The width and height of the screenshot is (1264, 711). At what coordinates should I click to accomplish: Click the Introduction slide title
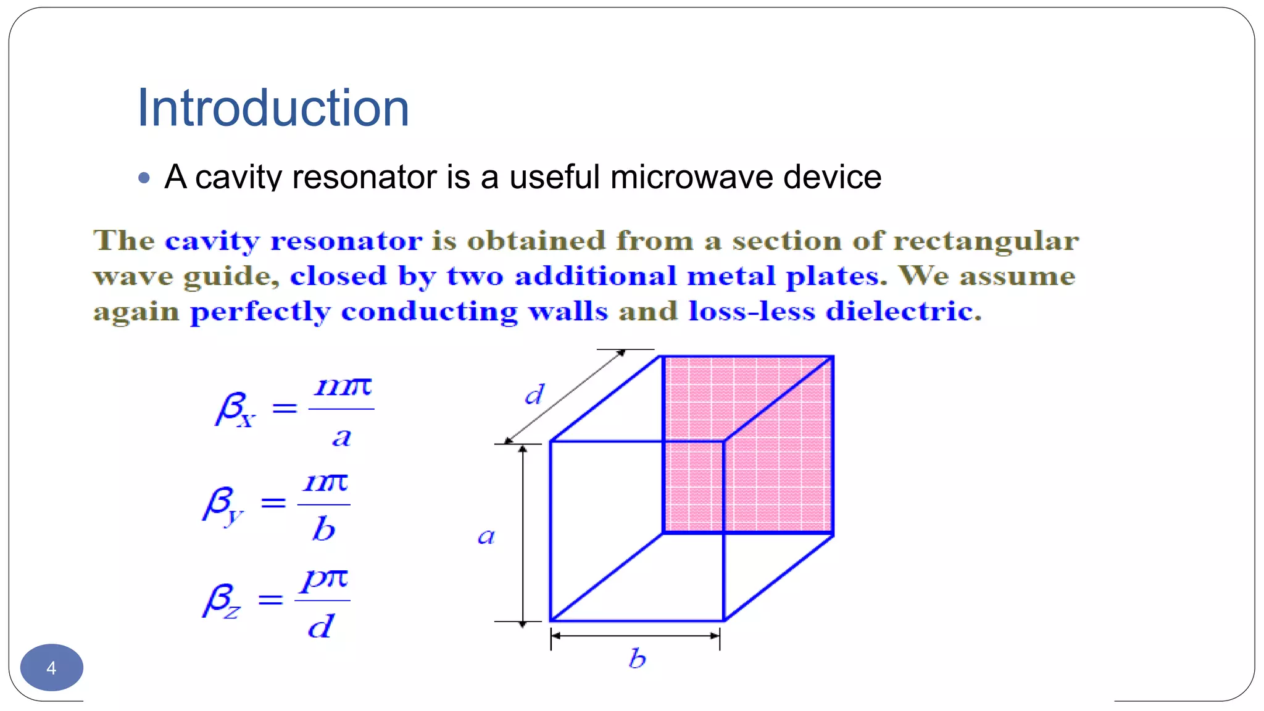tap(273, 109)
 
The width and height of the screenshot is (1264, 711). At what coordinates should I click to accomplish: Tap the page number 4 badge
tap(52, 668)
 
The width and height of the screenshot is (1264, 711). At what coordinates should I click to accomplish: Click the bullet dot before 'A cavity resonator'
tap(144, 178)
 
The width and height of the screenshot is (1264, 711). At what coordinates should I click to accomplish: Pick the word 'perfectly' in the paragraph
tap(260, 312)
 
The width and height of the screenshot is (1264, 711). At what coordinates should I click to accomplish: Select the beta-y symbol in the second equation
tap(223, 505)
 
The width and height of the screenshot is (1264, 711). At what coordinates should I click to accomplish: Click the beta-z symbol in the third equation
tap(222, 601)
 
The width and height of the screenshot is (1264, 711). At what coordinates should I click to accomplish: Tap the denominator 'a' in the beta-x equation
tap(341, 437)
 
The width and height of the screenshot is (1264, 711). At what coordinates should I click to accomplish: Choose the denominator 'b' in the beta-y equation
tap(323, 529)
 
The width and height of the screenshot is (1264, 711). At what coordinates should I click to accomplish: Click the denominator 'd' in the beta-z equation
tap(321, 626)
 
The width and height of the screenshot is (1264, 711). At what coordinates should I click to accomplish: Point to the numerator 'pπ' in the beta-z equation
tap(325, 580)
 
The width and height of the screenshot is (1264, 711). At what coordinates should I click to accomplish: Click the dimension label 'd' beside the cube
tap(534, 394)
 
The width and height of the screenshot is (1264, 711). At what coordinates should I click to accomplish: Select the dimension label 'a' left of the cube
tap(486, 536)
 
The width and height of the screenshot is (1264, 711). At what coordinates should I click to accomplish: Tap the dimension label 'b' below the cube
tap(637, 659)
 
